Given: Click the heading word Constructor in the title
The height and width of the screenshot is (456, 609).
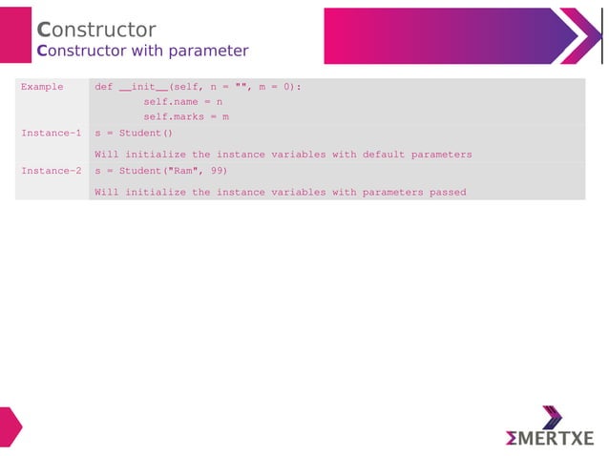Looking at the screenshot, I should click(x=95, y=30).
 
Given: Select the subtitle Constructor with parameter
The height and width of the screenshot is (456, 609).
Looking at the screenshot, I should click(x=142, y=51).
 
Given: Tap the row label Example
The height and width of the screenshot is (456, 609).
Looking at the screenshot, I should click(x=42, y=87).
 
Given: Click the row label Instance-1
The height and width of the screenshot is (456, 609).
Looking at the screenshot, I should click(x=51, y=133).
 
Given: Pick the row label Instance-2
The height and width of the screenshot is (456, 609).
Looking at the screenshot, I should click(x=51, y=171).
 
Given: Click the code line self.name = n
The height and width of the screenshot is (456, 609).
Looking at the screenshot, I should click(x=182, y=101).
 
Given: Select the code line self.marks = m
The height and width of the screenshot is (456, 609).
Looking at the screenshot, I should click(x=185, y=116).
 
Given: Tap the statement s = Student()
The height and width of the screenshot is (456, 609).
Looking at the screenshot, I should click(x=134, y=133).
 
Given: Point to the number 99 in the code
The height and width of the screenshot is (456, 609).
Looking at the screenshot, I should click(x=219, y=171).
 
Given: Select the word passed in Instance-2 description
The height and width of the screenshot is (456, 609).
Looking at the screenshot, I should click(x=448, y=192).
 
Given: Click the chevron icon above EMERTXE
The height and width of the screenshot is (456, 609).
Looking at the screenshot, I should click(x=552, y=417).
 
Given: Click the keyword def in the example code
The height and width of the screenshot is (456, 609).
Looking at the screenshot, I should click(x=104, y=87).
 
